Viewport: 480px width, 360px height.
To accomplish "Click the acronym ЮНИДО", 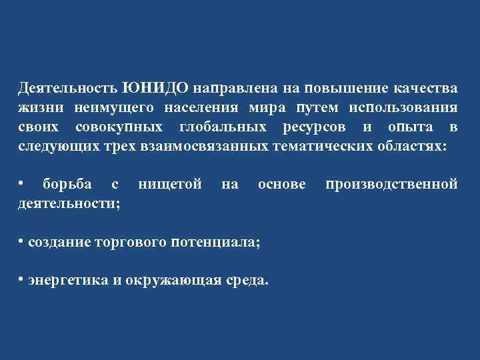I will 156,89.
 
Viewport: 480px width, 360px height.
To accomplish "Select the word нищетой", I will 170,183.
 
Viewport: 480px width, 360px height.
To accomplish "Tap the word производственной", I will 391,183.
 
